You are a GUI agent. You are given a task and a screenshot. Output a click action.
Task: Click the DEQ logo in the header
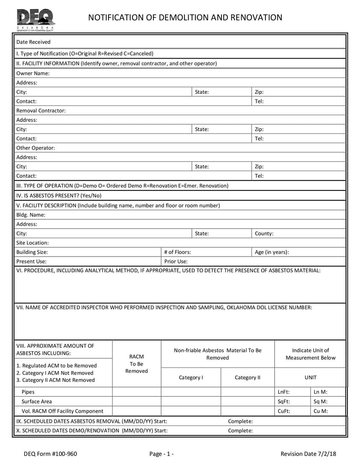(36, 19)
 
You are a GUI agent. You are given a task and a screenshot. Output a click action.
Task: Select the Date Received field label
(33, 42)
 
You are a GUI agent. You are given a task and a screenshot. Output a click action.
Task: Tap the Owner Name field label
(33, 73)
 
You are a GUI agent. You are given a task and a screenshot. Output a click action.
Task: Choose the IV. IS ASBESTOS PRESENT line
(59, 195)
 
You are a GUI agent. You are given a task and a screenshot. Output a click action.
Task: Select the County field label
(264, 234)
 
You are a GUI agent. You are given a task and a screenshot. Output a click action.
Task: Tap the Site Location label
(32, 243)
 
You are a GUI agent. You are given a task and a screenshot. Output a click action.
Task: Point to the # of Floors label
(177, 252)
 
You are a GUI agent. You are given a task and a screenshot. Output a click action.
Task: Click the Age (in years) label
(272, 252)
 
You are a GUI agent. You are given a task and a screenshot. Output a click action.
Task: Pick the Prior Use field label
(176, 261)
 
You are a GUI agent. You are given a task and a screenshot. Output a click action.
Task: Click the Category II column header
(247, 377)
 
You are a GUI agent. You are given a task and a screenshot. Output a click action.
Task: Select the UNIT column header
(310, 377)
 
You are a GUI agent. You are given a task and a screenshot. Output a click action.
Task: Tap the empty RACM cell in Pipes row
(136, 392)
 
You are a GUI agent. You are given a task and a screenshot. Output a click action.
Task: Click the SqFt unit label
(284, 402)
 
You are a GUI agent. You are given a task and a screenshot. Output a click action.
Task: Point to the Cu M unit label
(320, 411)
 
